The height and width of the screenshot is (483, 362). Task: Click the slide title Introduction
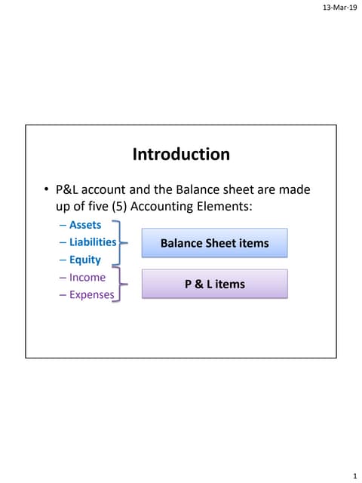coord(181,155)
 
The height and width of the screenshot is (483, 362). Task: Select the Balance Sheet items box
coord(214,244)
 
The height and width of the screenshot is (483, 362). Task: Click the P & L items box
coord(214,284)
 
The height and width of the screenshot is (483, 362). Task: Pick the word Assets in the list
coord(84,225)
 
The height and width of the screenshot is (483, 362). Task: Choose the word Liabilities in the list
coord(93,242)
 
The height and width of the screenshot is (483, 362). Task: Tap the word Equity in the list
coord(84,260)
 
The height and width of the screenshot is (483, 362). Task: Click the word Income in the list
coord(87,278)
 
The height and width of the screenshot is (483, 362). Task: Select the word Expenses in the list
coord(91,295)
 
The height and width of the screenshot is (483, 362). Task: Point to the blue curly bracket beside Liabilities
coord(119,243)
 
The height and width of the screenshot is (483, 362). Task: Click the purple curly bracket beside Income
coord(119,285)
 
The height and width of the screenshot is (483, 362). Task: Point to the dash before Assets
coord(62,225)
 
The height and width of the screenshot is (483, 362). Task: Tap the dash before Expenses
coord(62,295)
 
